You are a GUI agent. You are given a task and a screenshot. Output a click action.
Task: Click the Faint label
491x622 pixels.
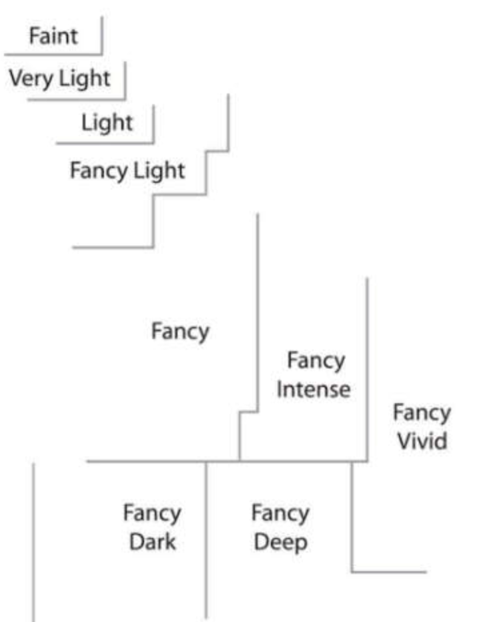tap(53, 35)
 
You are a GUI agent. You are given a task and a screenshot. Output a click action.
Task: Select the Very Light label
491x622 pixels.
tap(59, 78)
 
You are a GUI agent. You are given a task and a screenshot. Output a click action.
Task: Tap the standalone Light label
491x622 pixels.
tap(107, 123)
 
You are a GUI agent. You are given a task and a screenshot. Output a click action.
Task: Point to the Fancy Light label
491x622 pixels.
tap(127, 171)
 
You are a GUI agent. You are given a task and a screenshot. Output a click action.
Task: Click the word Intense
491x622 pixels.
tap(314, 388)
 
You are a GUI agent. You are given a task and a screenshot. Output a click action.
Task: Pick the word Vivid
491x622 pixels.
tap(422, 441)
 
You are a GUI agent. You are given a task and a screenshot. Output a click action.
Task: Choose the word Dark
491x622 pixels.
tap(152, 541)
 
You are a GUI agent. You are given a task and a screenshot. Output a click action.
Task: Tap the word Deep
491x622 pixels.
tap(280, 541)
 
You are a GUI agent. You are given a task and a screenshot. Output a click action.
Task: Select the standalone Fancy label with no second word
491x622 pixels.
tap(180, 331)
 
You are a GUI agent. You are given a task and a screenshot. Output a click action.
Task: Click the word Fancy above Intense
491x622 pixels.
tap(316, 360)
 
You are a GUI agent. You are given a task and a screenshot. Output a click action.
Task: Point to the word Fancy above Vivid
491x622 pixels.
tap(422, 412)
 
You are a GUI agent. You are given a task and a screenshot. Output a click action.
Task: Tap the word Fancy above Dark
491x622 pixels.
tap(152, 513)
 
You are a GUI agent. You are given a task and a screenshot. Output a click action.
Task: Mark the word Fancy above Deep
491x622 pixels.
tap(280, 513)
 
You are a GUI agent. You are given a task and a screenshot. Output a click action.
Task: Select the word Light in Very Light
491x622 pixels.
tap(84, 78)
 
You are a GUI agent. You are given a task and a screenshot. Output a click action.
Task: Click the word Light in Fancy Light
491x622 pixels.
tap(159, 171)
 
